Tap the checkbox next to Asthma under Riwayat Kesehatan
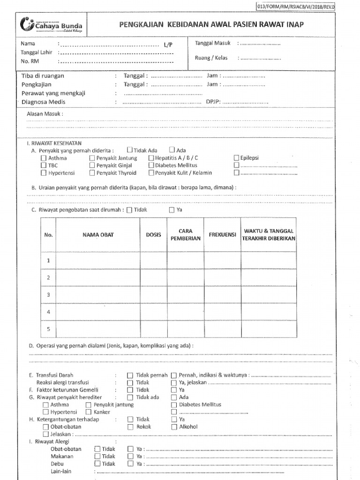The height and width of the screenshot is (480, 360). [44, 158]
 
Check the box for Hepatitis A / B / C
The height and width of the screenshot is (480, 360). [151, 158]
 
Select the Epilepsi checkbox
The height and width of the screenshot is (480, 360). [236, 158]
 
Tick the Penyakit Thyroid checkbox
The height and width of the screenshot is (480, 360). [92, 173]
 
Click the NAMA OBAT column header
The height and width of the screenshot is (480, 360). [98, 234]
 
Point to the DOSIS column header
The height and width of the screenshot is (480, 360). [153, 234]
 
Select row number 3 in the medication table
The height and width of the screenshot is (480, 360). [48, 294]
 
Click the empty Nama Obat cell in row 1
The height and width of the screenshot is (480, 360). [98, 260]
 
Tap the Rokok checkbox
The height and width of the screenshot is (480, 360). [130, 427]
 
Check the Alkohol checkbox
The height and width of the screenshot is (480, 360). [174, 427]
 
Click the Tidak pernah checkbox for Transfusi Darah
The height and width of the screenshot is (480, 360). [130, 375]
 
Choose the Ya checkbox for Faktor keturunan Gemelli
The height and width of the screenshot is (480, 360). [174, 390]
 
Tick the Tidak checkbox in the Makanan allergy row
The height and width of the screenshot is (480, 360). [97, 457]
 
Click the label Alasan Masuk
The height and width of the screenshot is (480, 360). [45, 114]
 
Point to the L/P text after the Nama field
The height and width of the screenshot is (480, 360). [168, 45]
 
